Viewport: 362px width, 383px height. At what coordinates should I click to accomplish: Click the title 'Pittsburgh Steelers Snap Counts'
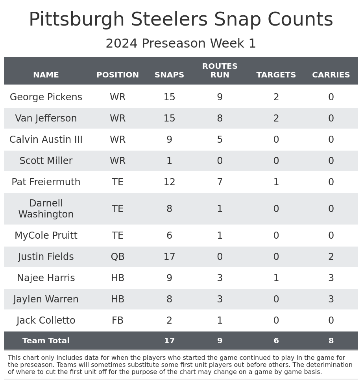pos(181,20)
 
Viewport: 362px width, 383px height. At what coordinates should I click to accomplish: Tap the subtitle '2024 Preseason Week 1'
pos(181,44)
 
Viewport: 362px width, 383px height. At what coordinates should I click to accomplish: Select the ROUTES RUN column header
pos(220,71)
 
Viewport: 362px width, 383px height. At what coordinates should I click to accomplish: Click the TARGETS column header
pos(276,75)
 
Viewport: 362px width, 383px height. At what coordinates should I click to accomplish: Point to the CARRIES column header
pos(331,75)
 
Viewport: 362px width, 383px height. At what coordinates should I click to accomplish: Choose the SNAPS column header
pos(169,75)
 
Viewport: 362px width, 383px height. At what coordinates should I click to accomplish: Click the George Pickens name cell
pos(46,98)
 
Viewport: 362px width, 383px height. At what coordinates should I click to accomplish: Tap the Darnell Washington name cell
pos(46,209)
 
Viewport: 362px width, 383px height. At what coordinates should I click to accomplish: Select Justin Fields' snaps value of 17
pos(169,257)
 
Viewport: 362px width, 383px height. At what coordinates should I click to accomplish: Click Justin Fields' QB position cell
pos(118,257)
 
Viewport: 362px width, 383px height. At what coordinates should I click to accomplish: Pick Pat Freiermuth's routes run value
pos(220,182)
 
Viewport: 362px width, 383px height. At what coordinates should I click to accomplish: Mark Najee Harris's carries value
pos(331,278)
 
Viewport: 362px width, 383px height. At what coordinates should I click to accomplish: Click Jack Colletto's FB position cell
pos(118,321)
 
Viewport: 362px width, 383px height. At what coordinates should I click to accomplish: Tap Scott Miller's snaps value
pos(169,161)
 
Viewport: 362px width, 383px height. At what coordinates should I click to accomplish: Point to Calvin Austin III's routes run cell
pos(220,140)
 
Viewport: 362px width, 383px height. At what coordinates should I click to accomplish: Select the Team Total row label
pos(46,341)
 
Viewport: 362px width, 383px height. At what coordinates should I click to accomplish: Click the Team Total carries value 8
pos(331,341)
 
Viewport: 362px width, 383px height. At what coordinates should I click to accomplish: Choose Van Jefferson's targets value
pos(276,119)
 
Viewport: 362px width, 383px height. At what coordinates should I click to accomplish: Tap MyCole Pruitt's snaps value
pos(169,236)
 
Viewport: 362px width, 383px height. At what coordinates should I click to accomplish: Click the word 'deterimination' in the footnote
pos(332,365)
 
